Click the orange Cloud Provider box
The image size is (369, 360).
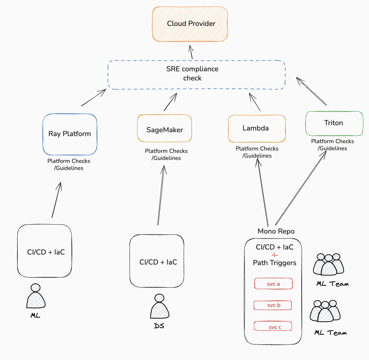click(x=190, y=24)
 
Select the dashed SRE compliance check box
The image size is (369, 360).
click(x=196, y=75)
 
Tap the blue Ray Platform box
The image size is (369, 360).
click(x=70, y=134)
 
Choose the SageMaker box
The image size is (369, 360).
click(x=164, y=129)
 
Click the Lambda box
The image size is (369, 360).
click(x=256, y=128)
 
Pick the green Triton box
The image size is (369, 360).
click(x=334, y=123)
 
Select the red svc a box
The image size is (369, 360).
click(x=274, y=284)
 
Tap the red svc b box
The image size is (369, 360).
click(x=273, y=305)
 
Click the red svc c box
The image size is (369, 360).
click(x=273, y=326)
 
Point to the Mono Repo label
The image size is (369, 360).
click(x=276, y=231)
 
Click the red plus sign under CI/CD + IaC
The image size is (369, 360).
click(x=275, y=255)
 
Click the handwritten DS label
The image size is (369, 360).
click(x=159, y=326)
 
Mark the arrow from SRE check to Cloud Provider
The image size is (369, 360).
click(x=191, y=52)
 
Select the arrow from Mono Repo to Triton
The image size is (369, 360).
click(x=301, y=189)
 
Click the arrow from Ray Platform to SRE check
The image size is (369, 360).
click(x=94, y=98)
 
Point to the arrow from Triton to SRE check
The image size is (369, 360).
click(x=312, y=91)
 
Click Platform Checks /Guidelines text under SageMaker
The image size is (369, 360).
click(x=166, y=154)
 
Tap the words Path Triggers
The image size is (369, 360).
click(x=275, y=263)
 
